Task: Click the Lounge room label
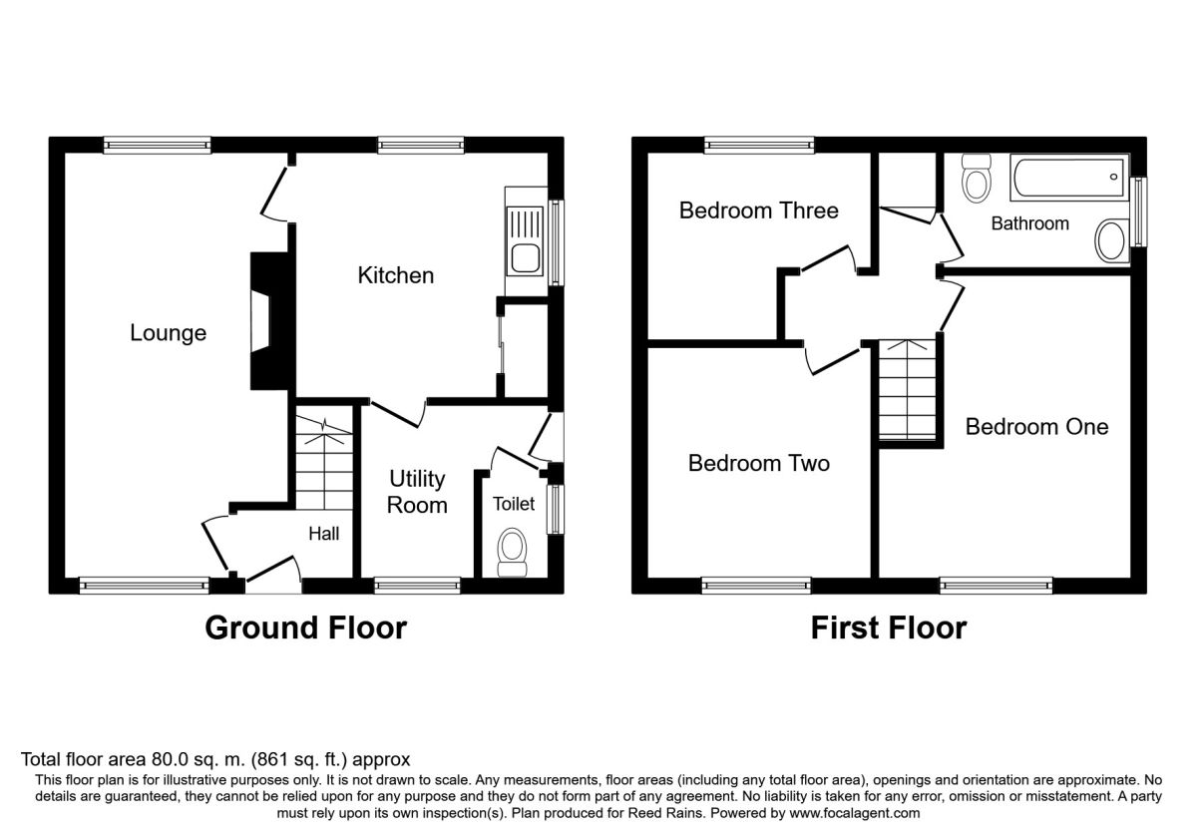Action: tap(168, 333)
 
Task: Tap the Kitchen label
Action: tap(395, 275)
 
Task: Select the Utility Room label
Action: tap(417, 492)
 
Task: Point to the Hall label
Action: tap(324, 534)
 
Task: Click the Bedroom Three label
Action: tap(759, 210)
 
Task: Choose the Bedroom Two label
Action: tap(759, 463)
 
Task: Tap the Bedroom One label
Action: tap(1036, 427)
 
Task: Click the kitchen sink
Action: tap(526, 241)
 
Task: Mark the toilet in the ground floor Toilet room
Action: tap(512, 552)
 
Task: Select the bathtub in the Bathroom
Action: tap(1068, 177)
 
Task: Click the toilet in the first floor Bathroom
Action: tap(977, 178)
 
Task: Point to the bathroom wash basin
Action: tap(1110, 241)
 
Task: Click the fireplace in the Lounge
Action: tap(270, 320)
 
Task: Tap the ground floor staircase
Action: tap(324, 462)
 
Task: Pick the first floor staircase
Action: tap(908, 390)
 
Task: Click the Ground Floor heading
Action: tap(305, 628)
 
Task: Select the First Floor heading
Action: tap(889, 628)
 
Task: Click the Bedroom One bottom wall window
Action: tap(997, 586)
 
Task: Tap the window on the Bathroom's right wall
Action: tap(1139, 211)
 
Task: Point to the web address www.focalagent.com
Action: tap(855, 813)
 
